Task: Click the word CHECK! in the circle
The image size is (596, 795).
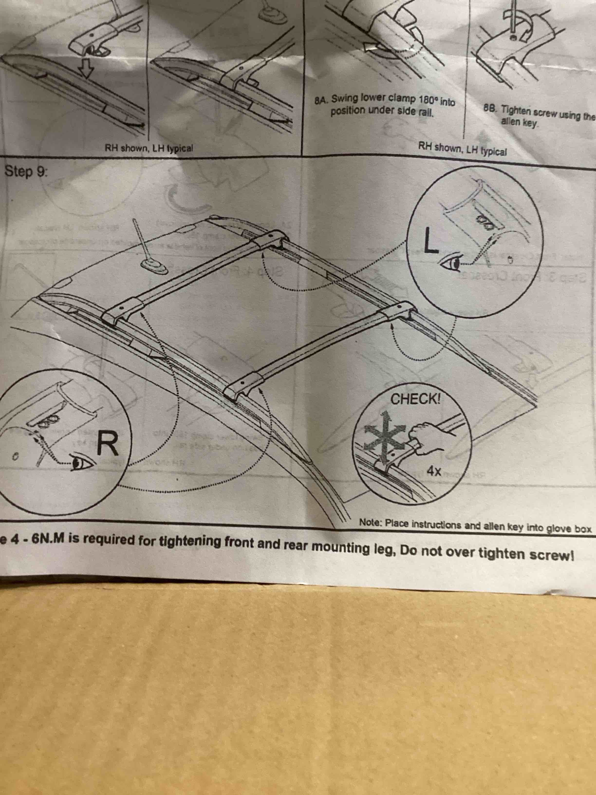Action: pos(415,399)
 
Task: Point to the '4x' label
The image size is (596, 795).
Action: pos(434,471)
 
